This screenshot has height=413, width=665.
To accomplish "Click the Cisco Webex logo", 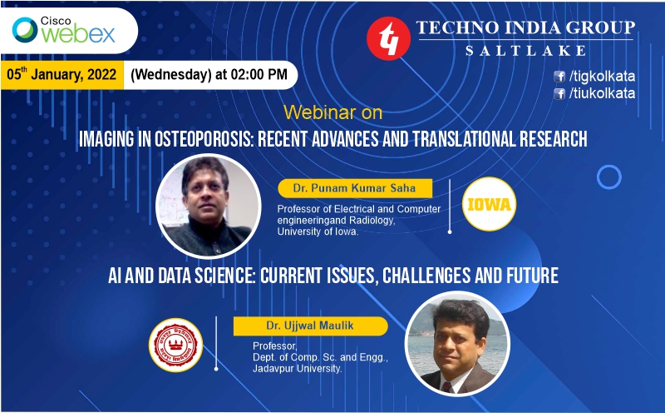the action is (x=64, y=30).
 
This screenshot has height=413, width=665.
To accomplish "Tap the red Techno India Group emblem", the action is (x=388, y=38).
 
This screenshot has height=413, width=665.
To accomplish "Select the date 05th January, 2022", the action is (x=62, y=74).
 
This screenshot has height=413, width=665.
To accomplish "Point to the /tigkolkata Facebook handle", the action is (x=602, y=77).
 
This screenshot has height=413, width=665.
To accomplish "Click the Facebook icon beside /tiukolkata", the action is (x=559, y=93).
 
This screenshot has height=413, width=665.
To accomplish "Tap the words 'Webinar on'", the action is (x=333, y=112).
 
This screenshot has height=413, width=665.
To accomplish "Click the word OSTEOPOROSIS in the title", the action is (x=204, y=139).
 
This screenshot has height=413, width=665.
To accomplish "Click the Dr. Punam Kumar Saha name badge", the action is (x=355, y=188).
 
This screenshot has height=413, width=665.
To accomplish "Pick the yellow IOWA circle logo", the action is (x=489, y=204).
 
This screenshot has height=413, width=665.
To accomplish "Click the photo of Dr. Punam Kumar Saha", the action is (x=209, y=206).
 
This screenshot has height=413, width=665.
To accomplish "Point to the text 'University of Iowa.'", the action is (x=318, y=231).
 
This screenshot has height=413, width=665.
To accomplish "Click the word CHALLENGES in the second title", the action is (x=426, y=276).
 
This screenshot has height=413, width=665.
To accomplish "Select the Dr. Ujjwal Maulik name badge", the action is (x=310, y=326).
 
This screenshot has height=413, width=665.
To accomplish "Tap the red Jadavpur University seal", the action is (x=175, y=345).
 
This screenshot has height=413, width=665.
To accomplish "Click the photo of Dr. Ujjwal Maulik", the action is (x=458, y=344).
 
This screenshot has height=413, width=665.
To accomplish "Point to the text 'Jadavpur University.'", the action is (x=298, y=368).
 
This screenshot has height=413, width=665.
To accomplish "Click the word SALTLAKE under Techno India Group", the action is (x=526, y=51).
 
